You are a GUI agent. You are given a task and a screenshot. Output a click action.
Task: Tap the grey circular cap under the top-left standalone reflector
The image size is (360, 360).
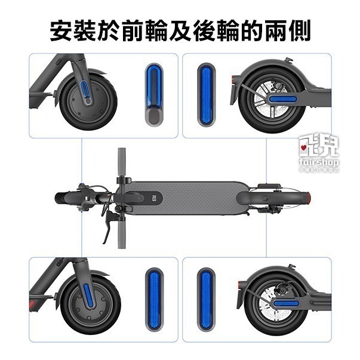[153, 114]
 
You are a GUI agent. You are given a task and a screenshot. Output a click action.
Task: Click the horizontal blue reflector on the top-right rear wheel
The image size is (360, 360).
[285, 97]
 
